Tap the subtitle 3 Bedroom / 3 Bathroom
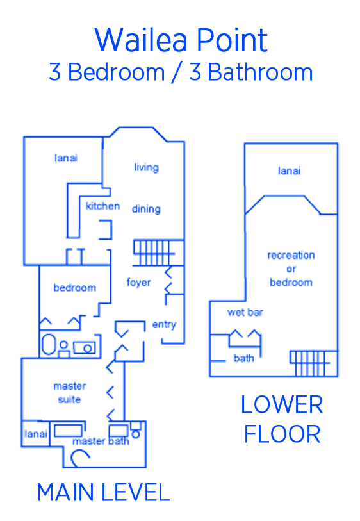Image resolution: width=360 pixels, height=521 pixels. [181, 72]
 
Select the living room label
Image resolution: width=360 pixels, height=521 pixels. [146, 167]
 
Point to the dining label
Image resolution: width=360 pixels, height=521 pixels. [146, 209]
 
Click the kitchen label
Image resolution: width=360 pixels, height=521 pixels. [102, 206]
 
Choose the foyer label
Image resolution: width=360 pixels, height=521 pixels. [138, 283]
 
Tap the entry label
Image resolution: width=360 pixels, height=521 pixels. [164, 325]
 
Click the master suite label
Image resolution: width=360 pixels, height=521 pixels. [70, 393]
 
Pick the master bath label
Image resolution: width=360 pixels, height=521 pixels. [101, 441]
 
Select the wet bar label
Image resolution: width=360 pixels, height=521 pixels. [245, 312]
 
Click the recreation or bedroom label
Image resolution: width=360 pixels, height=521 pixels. [291, 269]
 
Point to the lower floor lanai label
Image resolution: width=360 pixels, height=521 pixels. [290, 171]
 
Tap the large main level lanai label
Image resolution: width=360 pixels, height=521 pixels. [66, 158]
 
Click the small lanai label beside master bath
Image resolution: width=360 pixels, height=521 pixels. [35, 434]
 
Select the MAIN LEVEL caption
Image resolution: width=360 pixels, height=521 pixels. [103, 492]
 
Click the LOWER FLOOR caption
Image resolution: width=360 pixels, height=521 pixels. [282, 419]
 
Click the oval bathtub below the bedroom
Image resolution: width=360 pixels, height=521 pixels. [49, 344]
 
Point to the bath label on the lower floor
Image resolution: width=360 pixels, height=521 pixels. [244, 358]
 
